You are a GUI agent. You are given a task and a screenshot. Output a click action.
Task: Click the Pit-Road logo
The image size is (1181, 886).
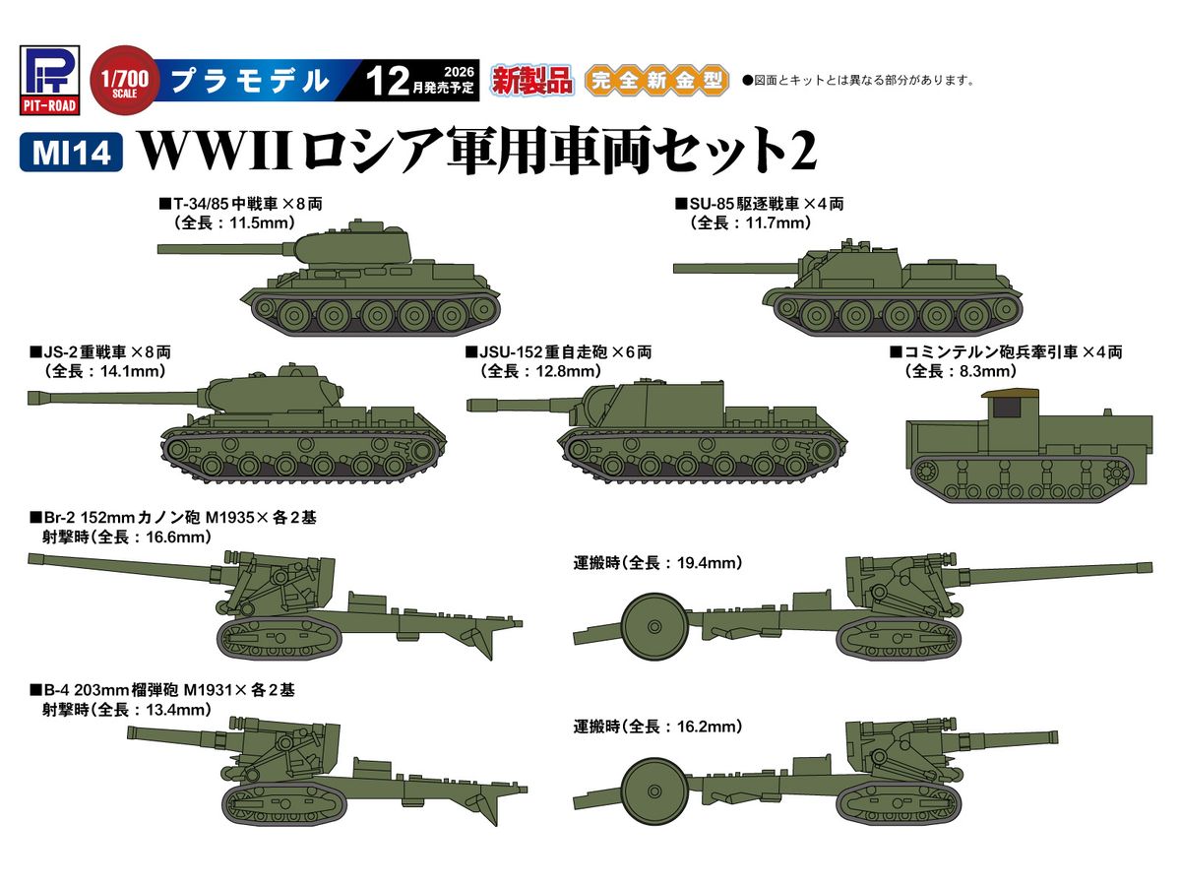pyautogui.click(x=49, y=80)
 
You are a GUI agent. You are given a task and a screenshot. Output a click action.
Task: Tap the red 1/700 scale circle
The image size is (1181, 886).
pyautogui.click(x=124, y=81)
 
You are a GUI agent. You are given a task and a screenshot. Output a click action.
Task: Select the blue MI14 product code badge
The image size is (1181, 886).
pyautogui.click(x=71, y=153)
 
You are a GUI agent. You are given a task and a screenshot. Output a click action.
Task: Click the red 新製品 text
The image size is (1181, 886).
pyautogui.click(x=531, y=81)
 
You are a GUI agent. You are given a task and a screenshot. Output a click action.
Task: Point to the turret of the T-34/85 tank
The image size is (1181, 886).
pyautogui.click(x=352, y=245)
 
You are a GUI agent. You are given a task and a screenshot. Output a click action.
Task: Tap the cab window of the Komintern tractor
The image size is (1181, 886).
pyautogui.click(x=1006, y=408)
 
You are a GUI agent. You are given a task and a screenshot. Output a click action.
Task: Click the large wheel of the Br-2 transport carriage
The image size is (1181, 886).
pyautogui.click(x=654, y=627)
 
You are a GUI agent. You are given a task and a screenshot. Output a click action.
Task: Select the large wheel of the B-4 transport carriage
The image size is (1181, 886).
pyautogui.click(x=654, y=791)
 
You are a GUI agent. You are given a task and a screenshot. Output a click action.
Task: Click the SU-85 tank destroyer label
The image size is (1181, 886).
pyautogui.click(x=760, y=204)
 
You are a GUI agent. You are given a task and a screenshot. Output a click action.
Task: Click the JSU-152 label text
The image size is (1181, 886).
pyautogui.click(x=559, y=352)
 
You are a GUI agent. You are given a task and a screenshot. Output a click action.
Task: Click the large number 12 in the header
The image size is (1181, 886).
pyautogui.click(x=387, y=82)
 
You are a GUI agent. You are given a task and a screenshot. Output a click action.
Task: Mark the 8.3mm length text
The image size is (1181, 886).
pyautogui.click(x=988, y=371)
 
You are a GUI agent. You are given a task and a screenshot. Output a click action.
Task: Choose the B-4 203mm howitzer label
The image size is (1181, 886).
pyautogui.click(x=162, y=690)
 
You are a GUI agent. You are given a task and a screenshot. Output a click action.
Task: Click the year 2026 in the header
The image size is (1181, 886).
pyautogui.click(x=459, y=72)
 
